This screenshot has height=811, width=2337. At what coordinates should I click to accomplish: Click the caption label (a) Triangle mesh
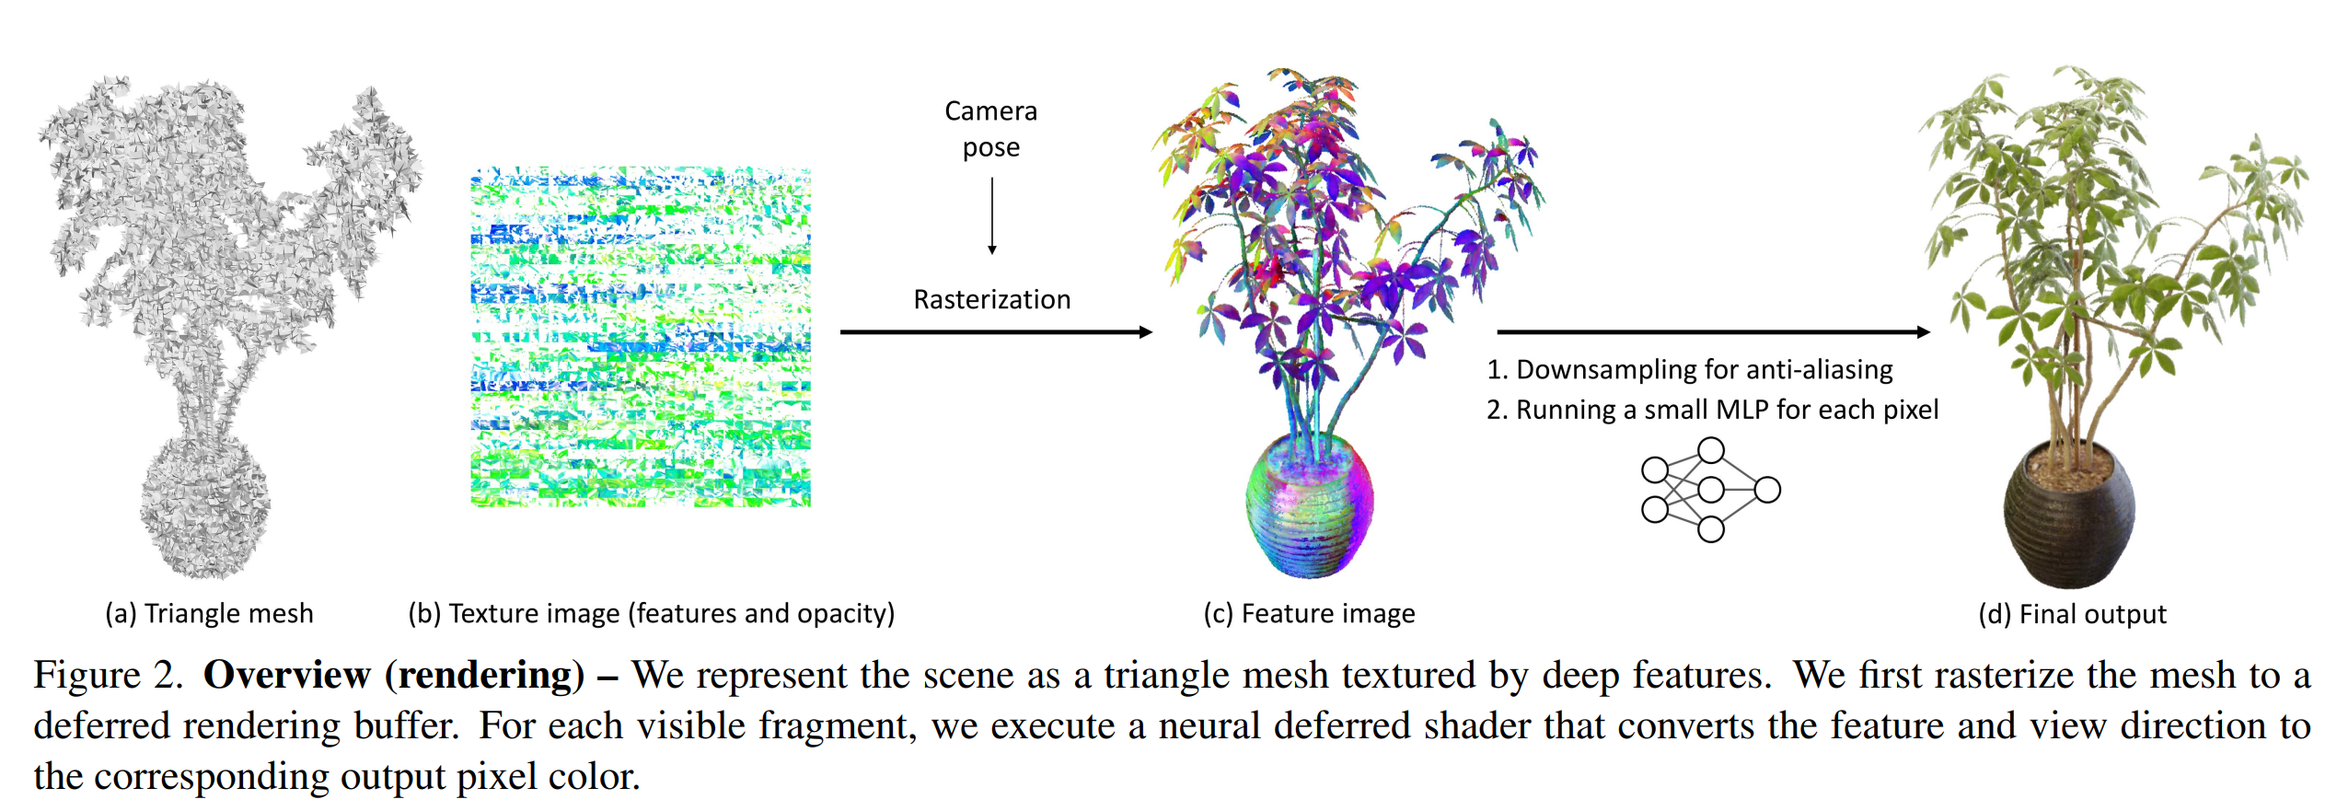[x=209, y=614]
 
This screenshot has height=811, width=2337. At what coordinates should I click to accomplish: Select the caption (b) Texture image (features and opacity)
[x=652, y=614]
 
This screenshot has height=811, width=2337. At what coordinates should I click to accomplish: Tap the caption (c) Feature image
[x=1309, y=614]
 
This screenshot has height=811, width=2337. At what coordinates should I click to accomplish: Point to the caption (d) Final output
[x=2072, y=614]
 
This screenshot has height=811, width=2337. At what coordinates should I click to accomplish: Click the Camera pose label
[x=991, y=129]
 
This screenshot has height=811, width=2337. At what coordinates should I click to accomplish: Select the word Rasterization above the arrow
[x=992, y=299]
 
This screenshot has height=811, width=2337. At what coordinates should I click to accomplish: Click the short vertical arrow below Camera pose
[x=992, y=215]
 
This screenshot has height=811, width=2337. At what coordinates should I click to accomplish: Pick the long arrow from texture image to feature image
[x=997, y=332]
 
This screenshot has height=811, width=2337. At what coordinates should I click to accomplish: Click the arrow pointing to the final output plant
[x=1714, y=332]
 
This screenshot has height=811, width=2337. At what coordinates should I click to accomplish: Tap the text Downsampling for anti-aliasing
[x=1705, y=370]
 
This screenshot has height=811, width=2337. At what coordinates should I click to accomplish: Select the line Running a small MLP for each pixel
[x=1728, y=410]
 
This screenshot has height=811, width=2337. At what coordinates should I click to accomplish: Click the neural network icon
[x=1710, y=490]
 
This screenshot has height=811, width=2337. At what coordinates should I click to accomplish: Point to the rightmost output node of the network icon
[x=1767, y=490]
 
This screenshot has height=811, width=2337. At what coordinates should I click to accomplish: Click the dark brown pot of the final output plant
[x=2069, y=516]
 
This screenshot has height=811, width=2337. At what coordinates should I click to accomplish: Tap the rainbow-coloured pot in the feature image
[x=1309, y=506]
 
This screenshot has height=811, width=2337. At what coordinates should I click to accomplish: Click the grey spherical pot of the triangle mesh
[x=205, y=507]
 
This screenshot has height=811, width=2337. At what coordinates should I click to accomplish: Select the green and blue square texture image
[x=641, y=337]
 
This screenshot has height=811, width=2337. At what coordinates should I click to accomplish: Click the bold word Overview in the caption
[x=286, y=675]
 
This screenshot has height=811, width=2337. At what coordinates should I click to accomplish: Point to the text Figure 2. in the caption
[x=109, y=676]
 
